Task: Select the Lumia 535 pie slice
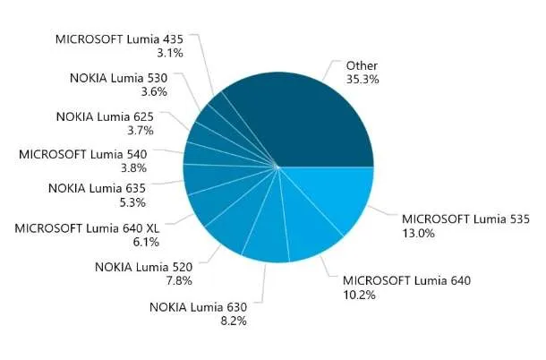(334, 195)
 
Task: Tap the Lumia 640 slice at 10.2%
(306, 227)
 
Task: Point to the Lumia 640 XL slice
(223, 202)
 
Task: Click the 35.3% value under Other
(363, 80)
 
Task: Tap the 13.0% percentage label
(419, 233)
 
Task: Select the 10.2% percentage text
(359, 296)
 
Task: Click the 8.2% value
(234, 321)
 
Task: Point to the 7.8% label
(179, 280)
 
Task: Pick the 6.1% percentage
(146, 242)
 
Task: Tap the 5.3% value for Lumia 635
(132, 202)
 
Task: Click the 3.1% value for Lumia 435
(170, 53)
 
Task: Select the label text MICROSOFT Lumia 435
(119, 39)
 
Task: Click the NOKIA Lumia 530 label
(119, 78)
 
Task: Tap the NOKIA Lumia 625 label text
(105, 116)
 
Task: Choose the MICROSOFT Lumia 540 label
(83, 154)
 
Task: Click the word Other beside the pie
(362, 66)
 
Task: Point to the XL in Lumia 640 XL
(152, 228)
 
